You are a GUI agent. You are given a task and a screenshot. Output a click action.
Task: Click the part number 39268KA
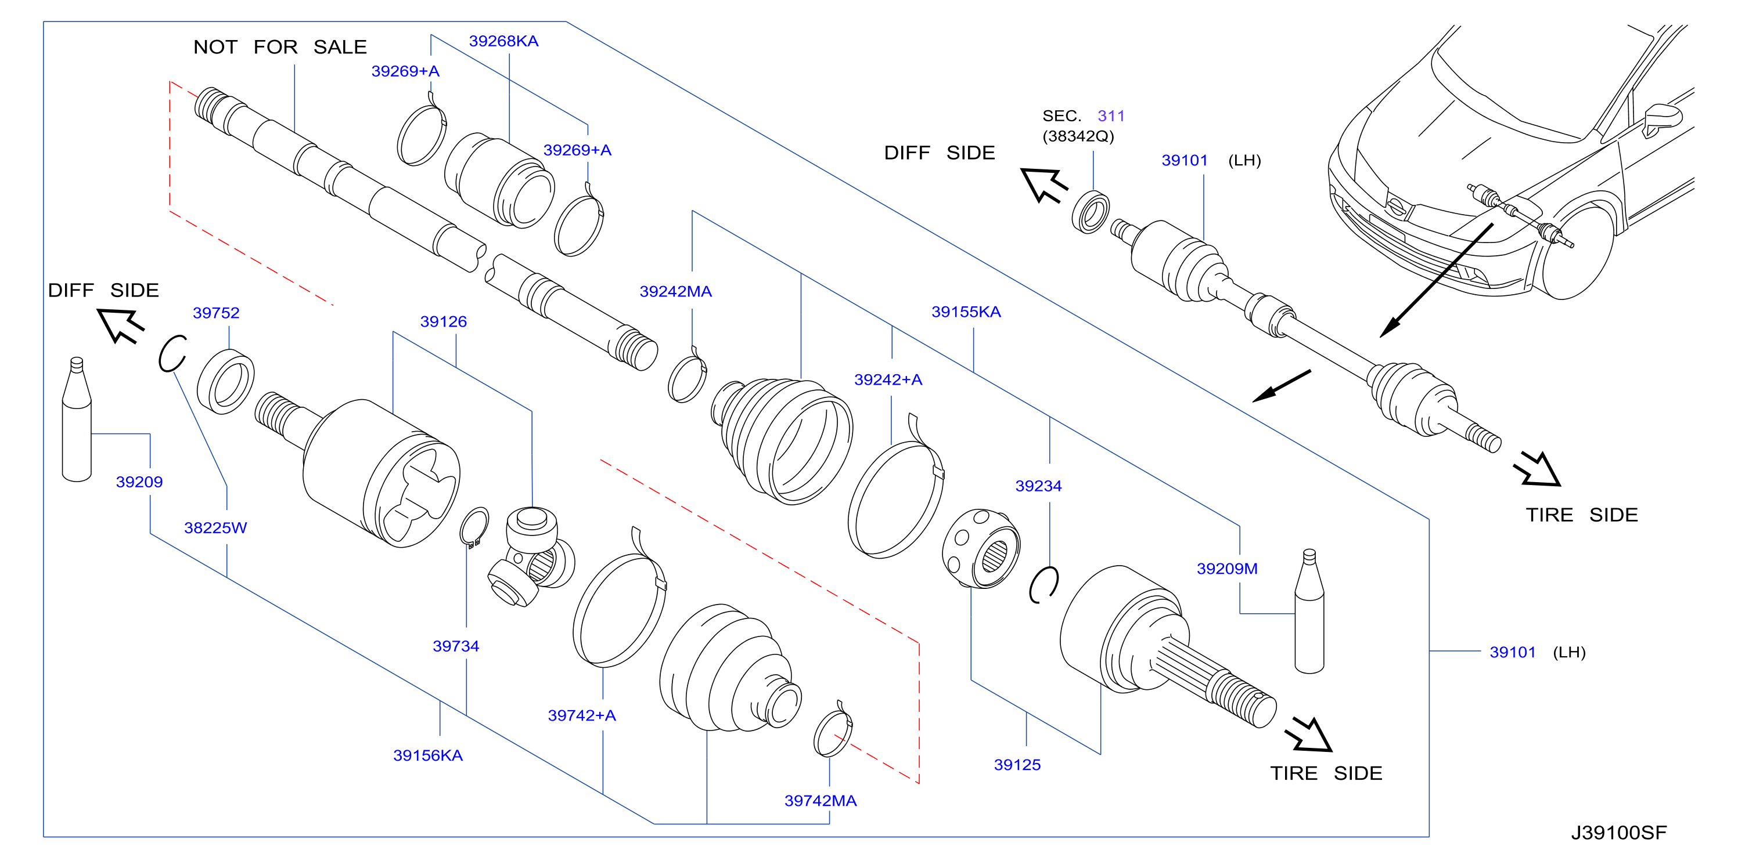[x=503, y=41]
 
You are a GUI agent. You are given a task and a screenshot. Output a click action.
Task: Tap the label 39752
[x=216, y=313]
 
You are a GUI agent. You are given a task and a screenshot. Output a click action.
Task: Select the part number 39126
[x=443, y=321]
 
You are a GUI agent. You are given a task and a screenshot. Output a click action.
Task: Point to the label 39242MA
[x=675, y=291]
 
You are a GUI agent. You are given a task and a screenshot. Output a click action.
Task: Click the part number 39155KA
[x=966, y=312]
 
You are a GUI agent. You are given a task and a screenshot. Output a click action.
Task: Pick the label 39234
[x=1038, y=486]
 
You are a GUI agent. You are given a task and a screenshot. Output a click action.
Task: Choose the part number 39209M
[x=1227, y=569]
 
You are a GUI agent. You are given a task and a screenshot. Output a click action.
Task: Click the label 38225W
[x=215, y=527]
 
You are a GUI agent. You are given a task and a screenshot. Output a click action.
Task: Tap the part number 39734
[x=456, y=646]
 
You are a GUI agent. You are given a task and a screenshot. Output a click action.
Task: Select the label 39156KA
[x=428, y=755]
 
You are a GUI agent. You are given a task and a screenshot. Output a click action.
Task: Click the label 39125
[x=1017, y=765]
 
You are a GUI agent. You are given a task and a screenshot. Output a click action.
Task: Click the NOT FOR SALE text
[x=280, y=46]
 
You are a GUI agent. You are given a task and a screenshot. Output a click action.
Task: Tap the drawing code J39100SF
[x=1618, y=833]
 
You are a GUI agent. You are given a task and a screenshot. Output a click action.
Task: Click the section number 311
[x=1111, y=116]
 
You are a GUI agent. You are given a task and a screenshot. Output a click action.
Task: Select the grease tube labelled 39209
[x=77, y=419]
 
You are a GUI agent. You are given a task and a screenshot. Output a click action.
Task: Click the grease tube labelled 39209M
[x=1309, y=611]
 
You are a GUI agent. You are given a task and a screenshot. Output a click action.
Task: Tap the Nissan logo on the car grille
[x=1397, y=207]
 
